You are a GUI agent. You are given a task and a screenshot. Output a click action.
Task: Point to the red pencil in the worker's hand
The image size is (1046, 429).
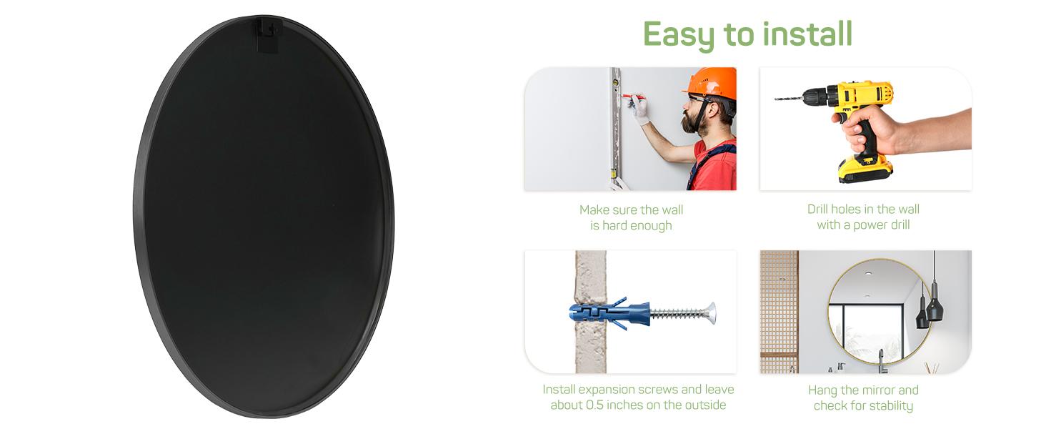coord(634,97)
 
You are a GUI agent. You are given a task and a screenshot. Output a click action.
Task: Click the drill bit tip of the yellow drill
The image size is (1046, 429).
coord(776,99)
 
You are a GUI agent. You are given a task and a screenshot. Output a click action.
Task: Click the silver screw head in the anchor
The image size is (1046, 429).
coord(711,313)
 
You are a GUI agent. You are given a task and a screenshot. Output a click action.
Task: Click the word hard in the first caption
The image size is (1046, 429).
coord(615,226)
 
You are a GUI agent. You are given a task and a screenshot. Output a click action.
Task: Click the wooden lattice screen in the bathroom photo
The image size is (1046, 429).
coord(779,312)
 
